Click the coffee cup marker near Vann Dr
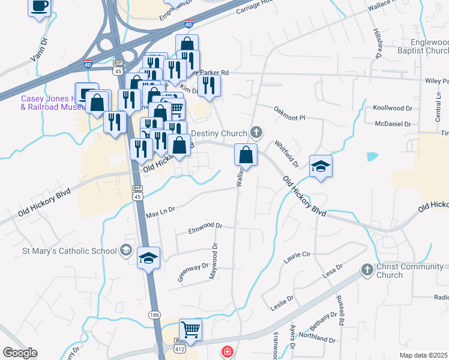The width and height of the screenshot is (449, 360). click(39, 7)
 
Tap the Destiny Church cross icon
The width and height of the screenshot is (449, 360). click(257, 132)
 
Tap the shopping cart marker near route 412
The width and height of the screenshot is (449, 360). click(190, 329)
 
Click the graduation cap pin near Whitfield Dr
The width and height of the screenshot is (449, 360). click(321, 166)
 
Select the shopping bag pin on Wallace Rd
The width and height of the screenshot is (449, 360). click(246, 155)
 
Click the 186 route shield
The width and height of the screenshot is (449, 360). click(155, 314)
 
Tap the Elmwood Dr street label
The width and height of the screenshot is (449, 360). click(205, 228)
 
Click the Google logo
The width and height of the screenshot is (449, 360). click(20, 353)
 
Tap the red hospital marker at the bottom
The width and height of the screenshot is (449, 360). click(227, 352)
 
